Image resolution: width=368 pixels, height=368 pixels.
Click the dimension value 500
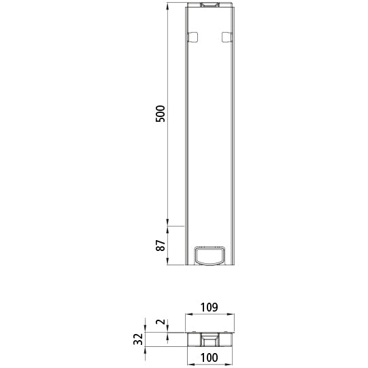[161, 113]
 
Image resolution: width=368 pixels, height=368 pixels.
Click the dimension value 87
[161, 246]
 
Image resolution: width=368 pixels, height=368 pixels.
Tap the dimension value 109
[210, 307]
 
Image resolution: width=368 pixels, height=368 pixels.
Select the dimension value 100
[210, 357]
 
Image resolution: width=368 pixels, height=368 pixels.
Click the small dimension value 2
[161, 323]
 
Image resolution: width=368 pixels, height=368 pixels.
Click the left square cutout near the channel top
[193, 37]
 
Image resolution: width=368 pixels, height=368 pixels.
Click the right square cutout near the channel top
[227, 37]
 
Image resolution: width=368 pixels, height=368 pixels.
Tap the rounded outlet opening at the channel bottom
[210, 254]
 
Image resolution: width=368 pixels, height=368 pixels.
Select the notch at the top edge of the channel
[210, 5]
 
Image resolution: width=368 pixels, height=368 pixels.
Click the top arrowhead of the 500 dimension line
[168, 5]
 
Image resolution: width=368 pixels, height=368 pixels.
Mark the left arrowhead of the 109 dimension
[187, 315]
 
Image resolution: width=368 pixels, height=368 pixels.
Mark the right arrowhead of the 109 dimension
[233, 315]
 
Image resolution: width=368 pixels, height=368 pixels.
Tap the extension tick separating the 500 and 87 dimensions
[175, 225]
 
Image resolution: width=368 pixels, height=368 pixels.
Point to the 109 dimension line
[210, 315]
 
